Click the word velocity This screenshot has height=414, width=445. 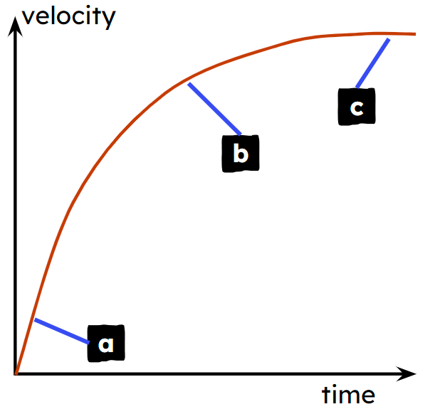[68, 16]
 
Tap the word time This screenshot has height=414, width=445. [348, 394]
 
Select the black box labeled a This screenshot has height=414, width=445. [106, 344]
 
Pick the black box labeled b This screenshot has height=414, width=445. [241, 154]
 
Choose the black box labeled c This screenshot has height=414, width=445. [357, 107]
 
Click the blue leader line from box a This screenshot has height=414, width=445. [62, 331]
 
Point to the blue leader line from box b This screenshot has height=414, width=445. [214, 109]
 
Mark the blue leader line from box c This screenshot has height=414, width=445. [373, 63]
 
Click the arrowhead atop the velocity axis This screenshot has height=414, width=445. [15, 26]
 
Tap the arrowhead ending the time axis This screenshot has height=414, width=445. [407, 373]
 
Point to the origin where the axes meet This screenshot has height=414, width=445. [16, 373]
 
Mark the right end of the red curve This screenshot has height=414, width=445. [416, 34]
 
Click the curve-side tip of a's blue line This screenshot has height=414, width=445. [35, 319]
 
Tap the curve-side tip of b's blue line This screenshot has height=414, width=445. [189, 84]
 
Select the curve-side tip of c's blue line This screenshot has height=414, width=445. [389, 39]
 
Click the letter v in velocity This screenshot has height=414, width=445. [29, 18]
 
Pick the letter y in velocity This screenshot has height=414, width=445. [108, 20]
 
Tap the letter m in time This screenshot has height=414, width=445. [350, 396]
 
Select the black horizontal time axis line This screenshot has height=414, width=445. [216, 373]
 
